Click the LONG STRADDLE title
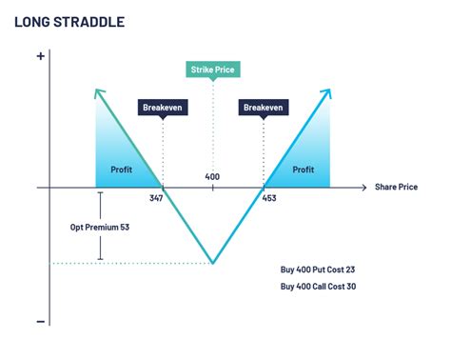(x=69, y=20)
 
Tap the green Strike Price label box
(x=212, y=70)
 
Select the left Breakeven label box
(x=163, y=109)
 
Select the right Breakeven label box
(x=264, y=109)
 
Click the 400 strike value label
(x=212, y=177)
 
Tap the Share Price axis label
(x=397, y=188)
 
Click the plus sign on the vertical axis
(x=40, y=56)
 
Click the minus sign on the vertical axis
(x=40, y=321)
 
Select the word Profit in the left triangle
(x=121, y=170)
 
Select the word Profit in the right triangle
(x=303, y=170)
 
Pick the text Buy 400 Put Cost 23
(x=324, y=270)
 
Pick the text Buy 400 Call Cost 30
(x=324, y=287)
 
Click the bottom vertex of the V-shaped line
(x=212, y=264)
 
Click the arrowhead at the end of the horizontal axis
(x=363, y=188)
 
